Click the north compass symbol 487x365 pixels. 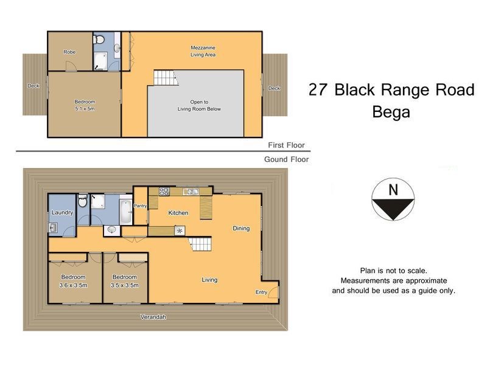click(392, 200)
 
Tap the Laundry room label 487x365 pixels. click(62, 213)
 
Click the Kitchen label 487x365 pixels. click(178, 213)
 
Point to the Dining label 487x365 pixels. click(241, 228)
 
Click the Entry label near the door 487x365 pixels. click(261, 293)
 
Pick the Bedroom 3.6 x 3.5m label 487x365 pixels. click(74, 281)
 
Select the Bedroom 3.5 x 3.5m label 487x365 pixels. click(124, 281)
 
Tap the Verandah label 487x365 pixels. click(153, 317)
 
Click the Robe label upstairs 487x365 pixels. click(69, 52)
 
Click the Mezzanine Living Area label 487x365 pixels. click(202, 50)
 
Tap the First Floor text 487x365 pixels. click(286, 145)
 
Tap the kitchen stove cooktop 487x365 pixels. click(164, 191)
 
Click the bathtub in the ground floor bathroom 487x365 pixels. click(124, 210)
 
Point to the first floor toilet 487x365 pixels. click(99, 40)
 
